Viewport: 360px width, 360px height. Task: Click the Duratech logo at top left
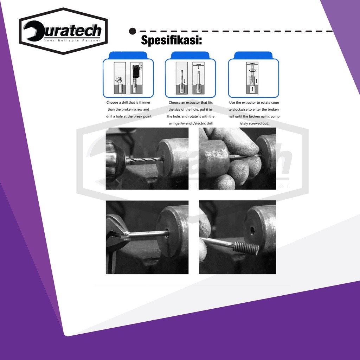pyautogui.click(x=63, y=31)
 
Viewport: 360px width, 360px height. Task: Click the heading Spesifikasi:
pyautogui.click(x=172, y=40)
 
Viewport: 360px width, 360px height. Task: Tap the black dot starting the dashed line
pyautogui.click(x=133, y=31)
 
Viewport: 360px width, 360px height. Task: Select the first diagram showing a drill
pyautogui.click(x=128, y=78)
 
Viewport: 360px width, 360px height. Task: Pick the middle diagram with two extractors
pyautogui.click(x=190, y=78)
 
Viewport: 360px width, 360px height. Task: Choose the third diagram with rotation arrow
pyautogui.click(x=253, y=78)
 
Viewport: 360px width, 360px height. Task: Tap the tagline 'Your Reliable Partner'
pyautogui.click(x=72, y=40)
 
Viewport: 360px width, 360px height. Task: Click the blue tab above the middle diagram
pyautogui.click(x=190, y=55)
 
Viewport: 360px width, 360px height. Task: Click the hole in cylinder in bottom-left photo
pyautogui.click(x=167, y=233)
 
